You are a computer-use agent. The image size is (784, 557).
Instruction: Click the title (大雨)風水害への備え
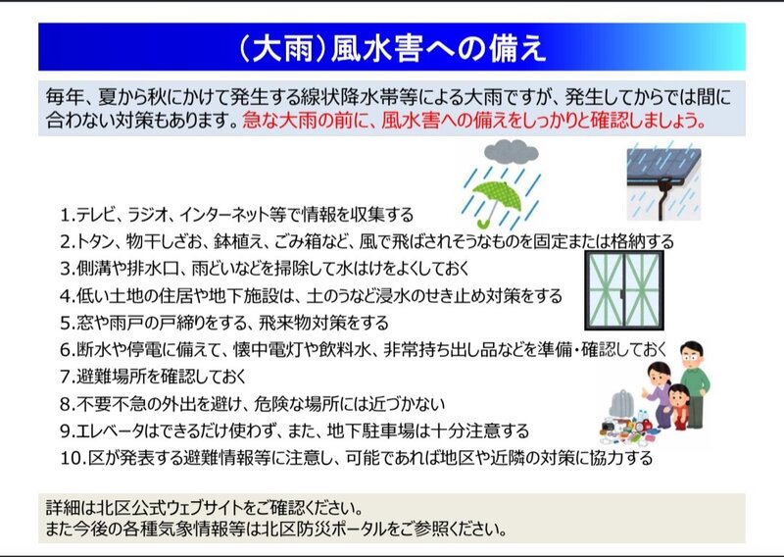pos(392,49)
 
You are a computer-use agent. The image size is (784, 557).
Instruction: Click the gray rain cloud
pos(511,152)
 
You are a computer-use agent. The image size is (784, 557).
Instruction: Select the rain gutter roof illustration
pos(663,183)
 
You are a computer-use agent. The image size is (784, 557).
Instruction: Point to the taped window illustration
pos(624,290)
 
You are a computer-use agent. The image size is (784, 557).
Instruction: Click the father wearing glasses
pos(694,383)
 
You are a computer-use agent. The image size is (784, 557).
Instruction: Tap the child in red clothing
pos(679,407)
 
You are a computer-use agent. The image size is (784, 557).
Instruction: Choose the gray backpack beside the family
pos(621,404)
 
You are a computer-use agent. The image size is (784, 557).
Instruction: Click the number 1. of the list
pos(68,215)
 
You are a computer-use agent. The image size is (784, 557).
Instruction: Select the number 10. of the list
pos(73,458)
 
